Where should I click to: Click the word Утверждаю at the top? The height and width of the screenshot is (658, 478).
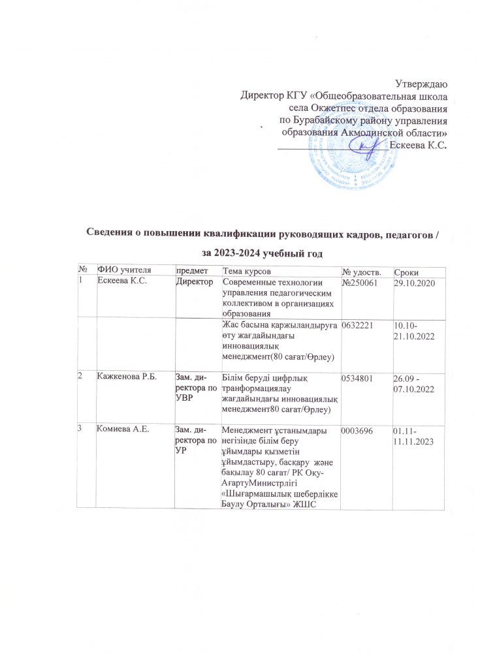click(x=422, y=83)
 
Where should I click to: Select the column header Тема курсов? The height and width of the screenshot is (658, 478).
click(x=245, y=271)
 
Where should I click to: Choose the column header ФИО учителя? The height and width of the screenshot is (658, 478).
click(x=121, y=270)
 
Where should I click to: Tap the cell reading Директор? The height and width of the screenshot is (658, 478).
click(x=195, y=282)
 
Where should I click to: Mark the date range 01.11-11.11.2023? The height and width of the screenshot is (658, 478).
click(x=413, y=435)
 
